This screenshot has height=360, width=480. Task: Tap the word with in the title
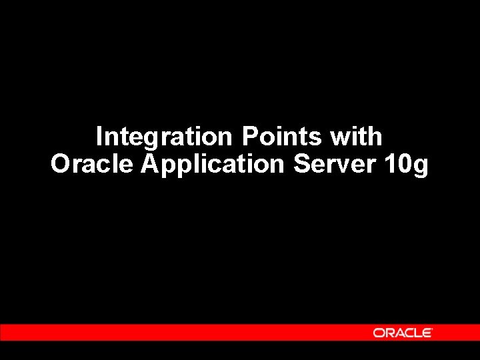pyautogui.click(x=355, y=137)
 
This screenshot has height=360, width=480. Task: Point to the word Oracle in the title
pyautogui.click(x=92, y=164)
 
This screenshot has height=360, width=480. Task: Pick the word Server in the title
pyautogui.click(x=335, y=164)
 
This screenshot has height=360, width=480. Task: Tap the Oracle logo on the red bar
pyautogui.click(x=402, y=333)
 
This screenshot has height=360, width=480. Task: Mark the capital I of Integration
pyautogui.click(x=99, y=137)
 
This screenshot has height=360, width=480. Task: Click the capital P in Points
pyautogui.click(x=249, y=137)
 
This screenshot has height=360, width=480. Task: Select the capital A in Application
pyautogui.click(x=150, y=163)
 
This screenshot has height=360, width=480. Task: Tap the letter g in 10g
pyautogui.click(x=421, y=167)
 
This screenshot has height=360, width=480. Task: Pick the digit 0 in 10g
pyautogui.click(x=405, y=164)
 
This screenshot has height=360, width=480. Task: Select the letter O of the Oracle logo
pyautogui.click(x=378, y=333)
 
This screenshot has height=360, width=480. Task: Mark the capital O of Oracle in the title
pyautogui.click(x=60, y=164)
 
